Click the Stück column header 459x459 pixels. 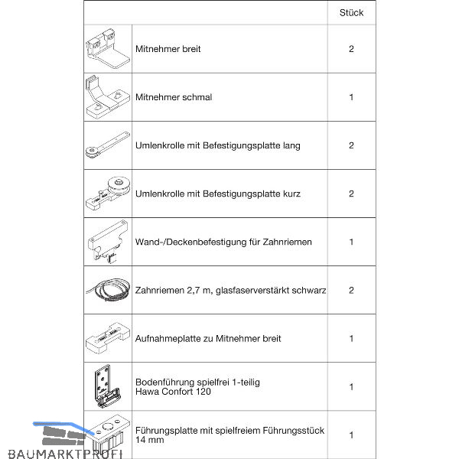[351, 12]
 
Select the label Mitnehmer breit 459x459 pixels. [168, 50]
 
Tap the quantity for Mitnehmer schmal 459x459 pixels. [351, 97]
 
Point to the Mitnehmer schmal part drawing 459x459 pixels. [106, 97]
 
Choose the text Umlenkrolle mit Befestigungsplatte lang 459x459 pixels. [217, 145]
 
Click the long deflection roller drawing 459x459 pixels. [106, 145]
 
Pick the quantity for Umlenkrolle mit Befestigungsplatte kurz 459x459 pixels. [351, 194]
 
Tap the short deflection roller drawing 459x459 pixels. [106, 194]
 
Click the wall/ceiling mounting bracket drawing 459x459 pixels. [106, 242]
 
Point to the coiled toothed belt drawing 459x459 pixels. [106, 291]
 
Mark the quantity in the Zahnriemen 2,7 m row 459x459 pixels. [351, 291]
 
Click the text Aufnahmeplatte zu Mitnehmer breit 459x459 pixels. [207, 338]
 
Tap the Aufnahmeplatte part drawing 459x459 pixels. [106, 338]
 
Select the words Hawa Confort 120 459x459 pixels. [173, 392]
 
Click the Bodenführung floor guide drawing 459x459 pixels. [106, 387]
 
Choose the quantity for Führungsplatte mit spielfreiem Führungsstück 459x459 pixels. [351, 435]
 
